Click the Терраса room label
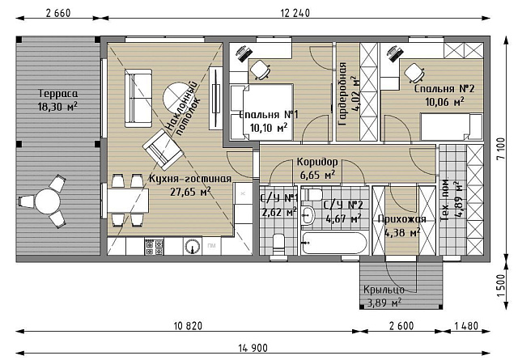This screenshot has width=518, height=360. tap(58, 94)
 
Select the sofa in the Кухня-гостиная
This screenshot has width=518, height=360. tap(138, 98)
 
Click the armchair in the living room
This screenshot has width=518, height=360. tap(163, 150)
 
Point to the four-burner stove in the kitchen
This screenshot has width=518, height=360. tap(155, 247)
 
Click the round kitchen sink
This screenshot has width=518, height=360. tap(193, 247)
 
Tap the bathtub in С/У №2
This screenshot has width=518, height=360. tap(334, 243)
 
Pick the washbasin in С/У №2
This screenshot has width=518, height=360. tap(308, 215)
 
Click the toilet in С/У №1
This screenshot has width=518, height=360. tap(278, 245)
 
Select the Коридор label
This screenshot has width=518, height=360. tap(317, 162)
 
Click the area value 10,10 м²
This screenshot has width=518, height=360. tap(268, 128)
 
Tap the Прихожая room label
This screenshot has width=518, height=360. tap(401, 219)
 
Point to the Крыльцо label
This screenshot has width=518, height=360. tap(384, 290)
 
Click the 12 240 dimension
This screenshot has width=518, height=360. tap(295, 13)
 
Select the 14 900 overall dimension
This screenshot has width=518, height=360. tap(253, 348)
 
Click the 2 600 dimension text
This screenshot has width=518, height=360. tap(401, 326)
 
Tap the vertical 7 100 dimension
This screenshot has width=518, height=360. tap(501, 149)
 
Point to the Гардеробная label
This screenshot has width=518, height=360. tap(342, 94)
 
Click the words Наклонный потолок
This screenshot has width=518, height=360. tap(183, 108)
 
